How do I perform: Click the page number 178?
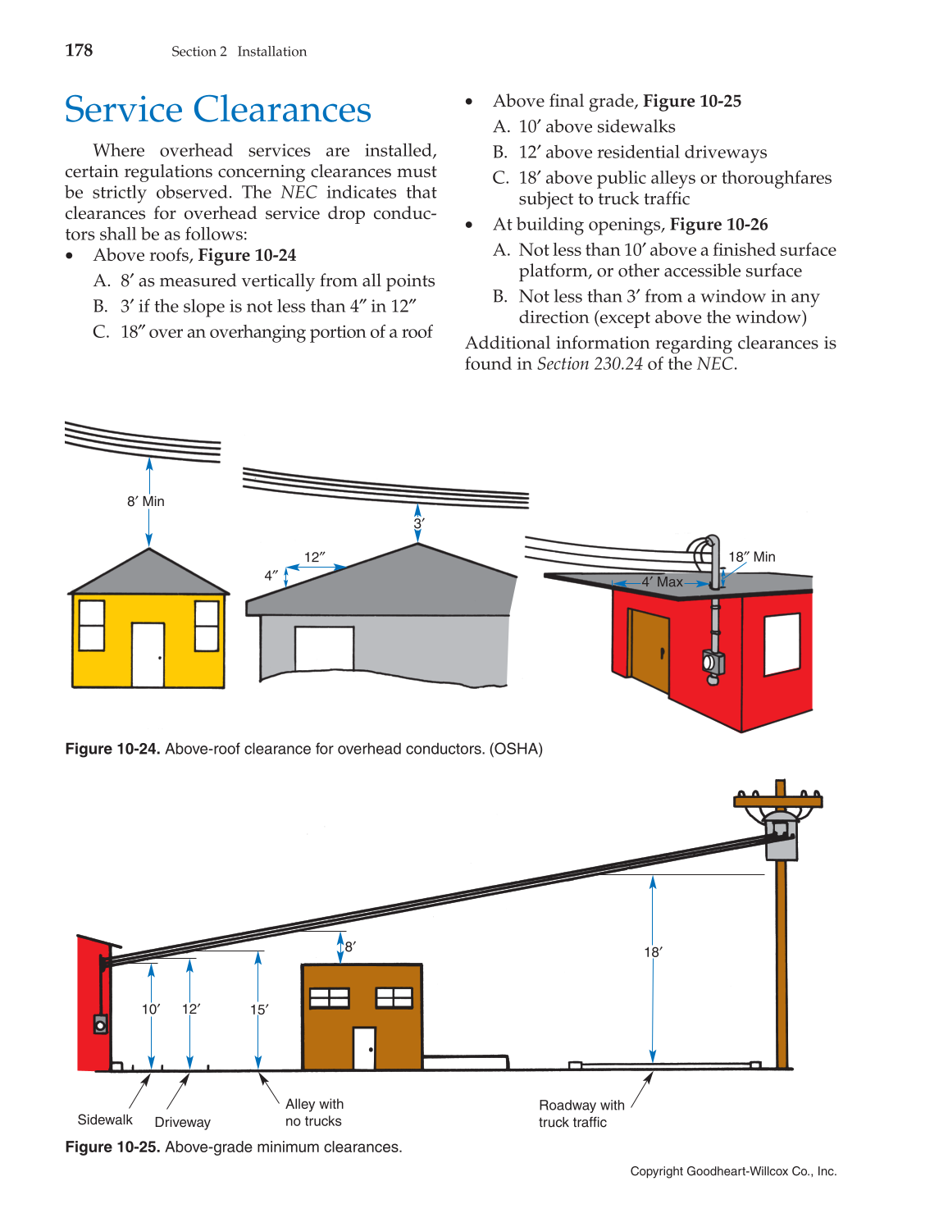point(79,50)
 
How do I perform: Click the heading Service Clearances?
point(217,109)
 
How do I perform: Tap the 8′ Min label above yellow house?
point(146,501)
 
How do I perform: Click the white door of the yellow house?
point(148,654)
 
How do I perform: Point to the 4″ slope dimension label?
point(271,576)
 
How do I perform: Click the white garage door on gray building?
point(324,649)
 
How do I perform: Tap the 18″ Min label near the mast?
point(752,557)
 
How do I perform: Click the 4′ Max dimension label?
point(662,581)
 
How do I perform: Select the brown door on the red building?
point(649,650)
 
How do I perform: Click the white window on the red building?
point(782,644)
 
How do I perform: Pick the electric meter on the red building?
point(713,663)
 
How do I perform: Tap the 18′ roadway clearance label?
point(653,952)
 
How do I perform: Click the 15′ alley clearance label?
point(259,1010)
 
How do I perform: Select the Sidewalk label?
point(105,1120)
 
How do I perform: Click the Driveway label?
point(182,1122)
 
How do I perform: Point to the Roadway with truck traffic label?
point(581,1114)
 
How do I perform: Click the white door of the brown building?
point(364,1048)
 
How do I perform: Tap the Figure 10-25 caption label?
point(112,1147)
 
